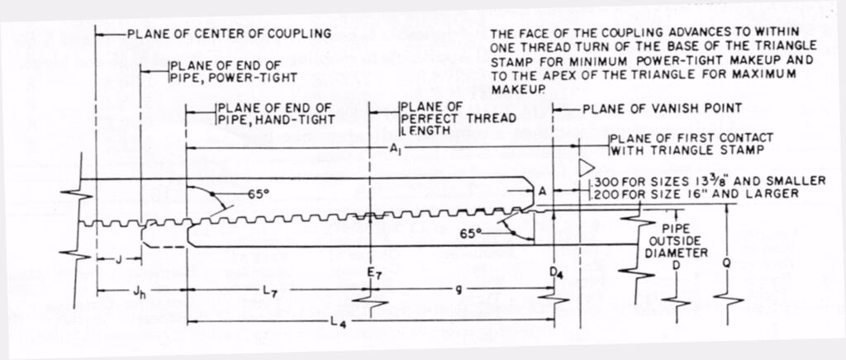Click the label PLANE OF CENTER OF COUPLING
click(x=229, y=34)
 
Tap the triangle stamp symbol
click(x=589, y=168)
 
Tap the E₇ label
click(x=373, y=269)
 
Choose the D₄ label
click(x=554, y=269)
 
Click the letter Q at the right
click(x=725, y=263)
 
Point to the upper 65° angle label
click(x=259, y=197)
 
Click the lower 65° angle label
click(x=471, y=234)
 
